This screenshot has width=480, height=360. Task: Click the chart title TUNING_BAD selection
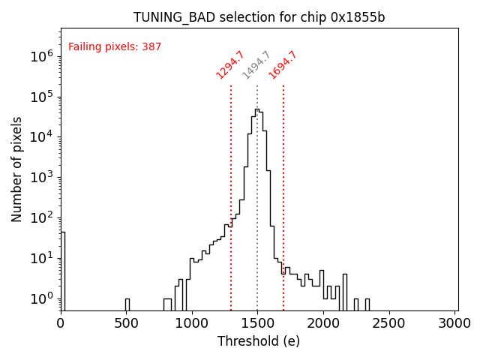tap(259, 17)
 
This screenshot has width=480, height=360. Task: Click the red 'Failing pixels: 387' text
tap(115, 47)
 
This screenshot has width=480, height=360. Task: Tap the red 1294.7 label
tap(230, 65)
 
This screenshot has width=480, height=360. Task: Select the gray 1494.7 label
tap(256, 65)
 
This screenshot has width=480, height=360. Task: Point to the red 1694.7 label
tap(283, 65)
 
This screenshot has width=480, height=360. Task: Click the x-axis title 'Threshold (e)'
tap(259, 341)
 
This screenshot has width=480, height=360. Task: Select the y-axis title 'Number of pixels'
tap(17, 169)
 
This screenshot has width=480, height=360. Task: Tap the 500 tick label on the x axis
tap(127, 323)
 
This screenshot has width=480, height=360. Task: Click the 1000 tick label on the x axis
tap(192, 323)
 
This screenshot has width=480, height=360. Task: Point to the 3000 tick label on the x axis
tap(454, 323)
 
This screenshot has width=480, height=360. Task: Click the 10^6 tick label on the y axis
tap(40, 56)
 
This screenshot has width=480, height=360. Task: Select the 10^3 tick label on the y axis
tap(40, 178)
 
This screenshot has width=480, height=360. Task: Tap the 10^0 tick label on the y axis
tap(40, 299)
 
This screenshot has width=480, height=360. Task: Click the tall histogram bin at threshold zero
tap(62, 270)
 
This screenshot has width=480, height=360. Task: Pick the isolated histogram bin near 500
tap(127, 304)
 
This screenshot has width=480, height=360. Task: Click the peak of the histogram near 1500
tap(256, 110)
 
